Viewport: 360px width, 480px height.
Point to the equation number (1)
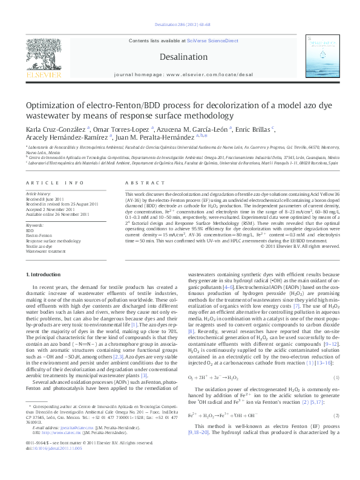point(336,378)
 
